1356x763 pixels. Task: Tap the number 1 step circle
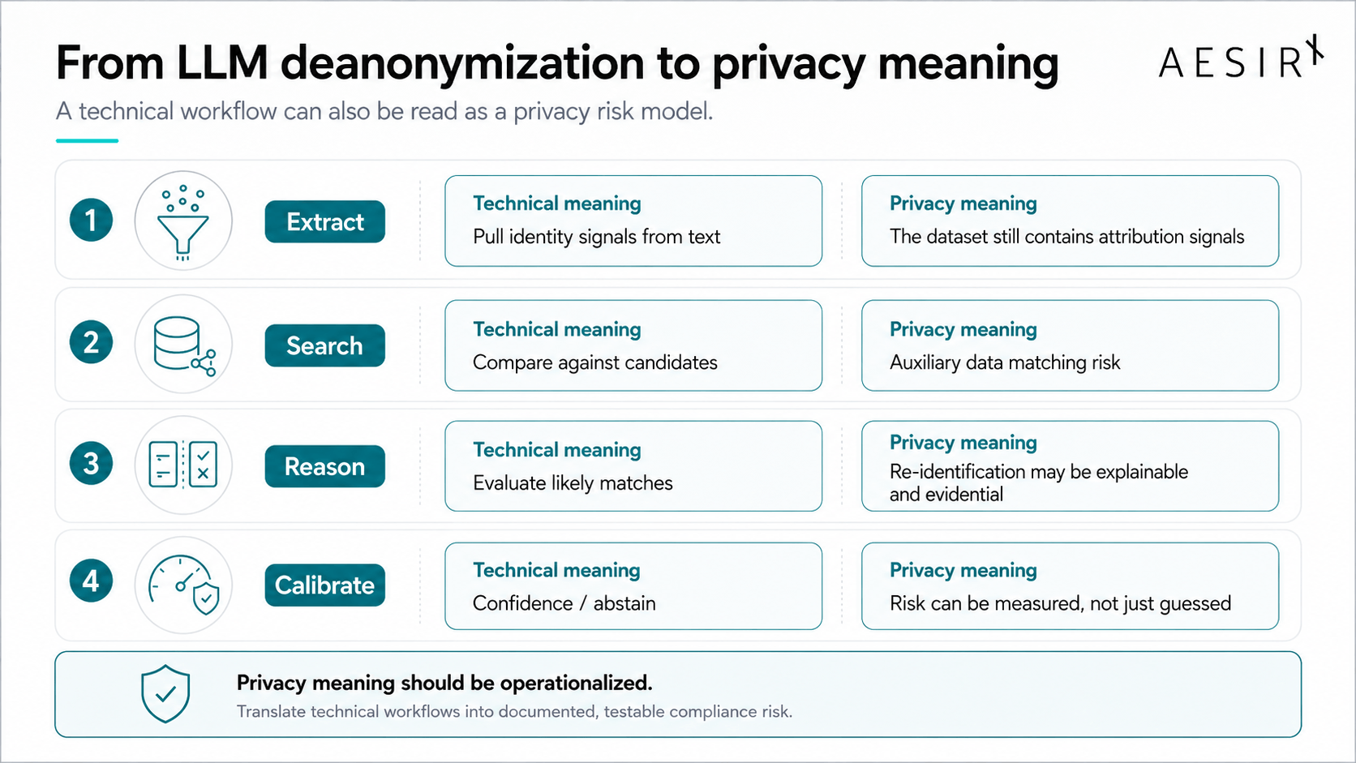pyautogui.click(x=91, y=221)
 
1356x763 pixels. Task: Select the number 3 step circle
pyautogui.click(x=91, y=464)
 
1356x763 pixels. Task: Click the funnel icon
pyautogui.click(x=182, y=223)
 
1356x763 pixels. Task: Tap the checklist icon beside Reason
pyautogui.click(x=182, y=464)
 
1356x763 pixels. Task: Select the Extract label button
pyautogui.click(x=325, y=221)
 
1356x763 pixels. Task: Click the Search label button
pyautogui.click(x=325, y=345)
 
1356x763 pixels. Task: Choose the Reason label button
pyautogui.click(x=325, y=466)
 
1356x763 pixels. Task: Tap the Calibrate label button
pyautogui.click(x=325, y=585)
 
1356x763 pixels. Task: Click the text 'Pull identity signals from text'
pyautogui.click(x=596, y=237)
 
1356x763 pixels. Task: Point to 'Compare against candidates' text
pyautogui.click(x=595, y=362)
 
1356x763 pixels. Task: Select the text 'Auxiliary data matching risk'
pyautogui.click(x=1005, y=362)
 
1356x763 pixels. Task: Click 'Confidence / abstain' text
pyautogui.click(x=564, y=603)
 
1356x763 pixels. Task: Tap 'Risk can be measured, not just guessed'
pyautogui.click(x=1061, y=603)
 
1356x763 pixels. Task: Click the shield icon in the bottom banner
pyautogui.click(x=165, y=694)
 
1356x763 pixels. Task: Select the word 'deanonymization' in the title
pyautogui.click(x=462, y=63)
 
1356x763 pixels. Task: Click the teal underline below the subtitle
pyautogui.click(x=87, y=141)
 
